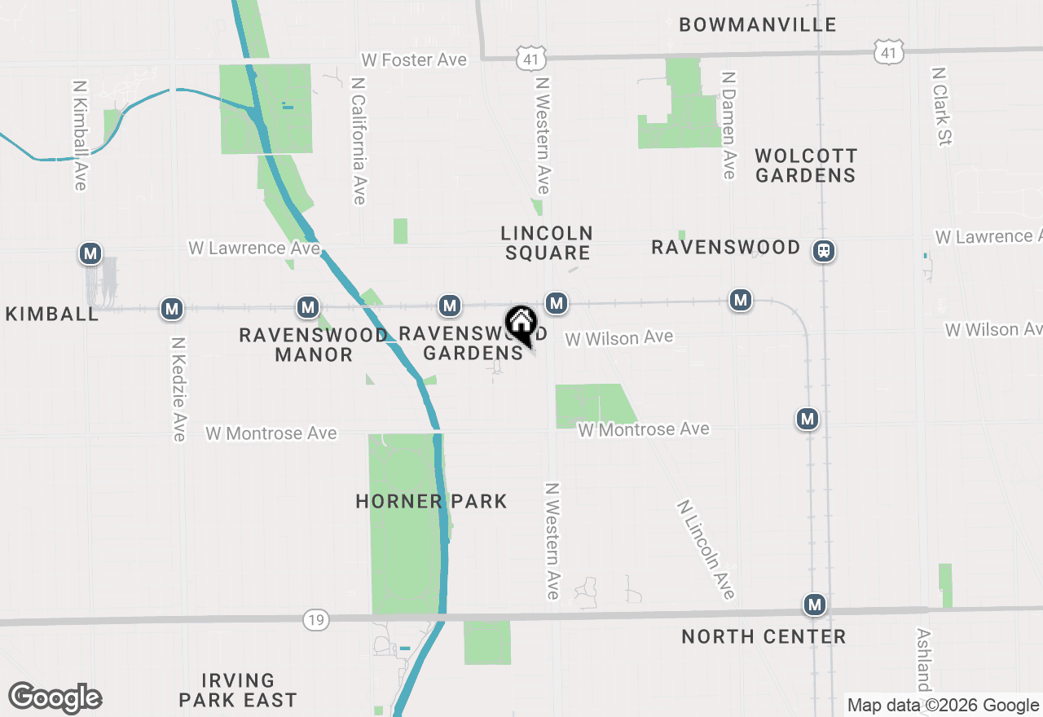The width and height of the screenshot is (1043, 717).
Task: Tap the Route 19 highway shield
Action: pos(316,619)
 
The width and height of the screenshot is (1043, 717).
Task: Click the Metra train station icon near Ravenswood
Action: pos(825,251)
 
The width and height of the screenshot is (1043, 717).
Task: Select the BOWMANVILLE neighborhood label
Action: pos(758,24)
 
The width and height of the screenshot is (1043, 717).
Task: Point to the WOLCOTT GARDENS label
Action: pos(806,165)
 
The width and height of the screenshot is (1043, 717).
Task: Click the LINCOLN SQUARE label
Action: pos(547,243)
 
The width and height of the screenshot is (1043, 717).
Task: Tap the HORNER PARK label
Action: pos(431,501)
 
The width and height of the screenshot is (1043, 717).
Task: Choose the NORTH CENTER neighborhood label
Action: pos(764,636)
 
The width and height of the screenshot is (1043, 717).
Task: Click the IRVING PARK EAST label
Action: pos(237,689)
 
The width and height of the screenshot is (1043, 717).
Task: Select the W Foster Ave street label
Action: pos(414,60)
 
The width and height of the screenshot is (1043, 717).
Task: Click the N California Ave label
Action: pos(359,141)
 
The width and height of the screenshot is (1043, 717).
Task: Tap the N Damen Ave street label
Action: pos(728,125)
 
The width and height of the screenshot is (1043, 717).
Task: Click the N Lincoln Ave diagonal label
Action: pos(706,549)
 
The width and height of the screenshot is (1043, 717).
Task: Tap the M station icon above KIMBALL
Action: pos(90,253)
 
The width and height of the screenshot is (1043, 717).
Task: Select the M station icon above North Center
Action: pos(815,605)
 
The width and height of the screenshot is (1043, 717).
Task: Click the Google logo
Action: pos(55,697)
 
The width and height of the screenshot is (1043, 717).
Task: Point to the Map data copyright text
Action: pos(943,705)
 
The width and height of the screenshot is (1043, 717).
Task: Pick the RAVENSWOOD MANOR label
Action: pos(313,345)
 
